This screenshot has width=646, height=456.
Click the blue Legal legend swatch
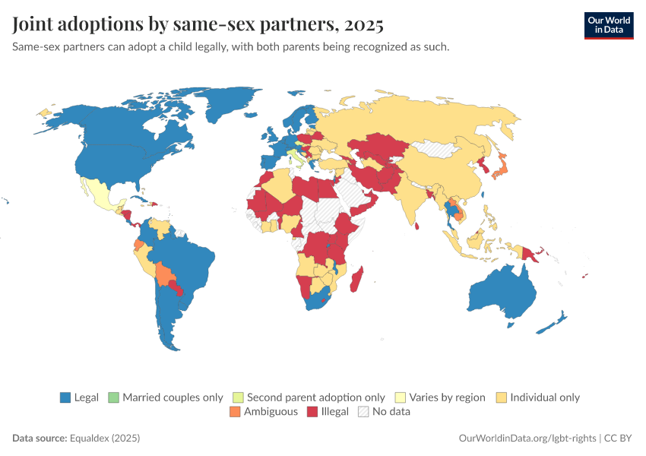[x=65, y=397]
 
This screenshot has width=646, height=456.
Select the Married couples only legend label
[x=173, y=397]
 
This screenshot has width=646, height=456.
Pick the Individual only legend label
[x=545, y=397]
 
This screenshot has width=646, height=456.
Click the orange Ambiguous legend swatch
[x=235, y=412]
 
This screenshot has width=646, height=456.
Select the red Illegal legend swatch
[x=312, y=412]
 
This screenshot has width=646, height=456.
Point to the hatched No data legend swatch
[x=363, y=412]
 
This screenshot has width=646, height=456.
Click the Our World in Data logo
[x=609, y=25]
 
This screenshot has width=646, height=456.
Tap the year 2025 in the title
[x=363, y=24]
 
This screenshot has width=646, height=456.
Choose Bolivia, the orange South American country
[x=163, y=273]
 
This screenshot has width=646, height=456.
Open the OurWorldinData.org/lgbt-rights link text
[x=527, y=439]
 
